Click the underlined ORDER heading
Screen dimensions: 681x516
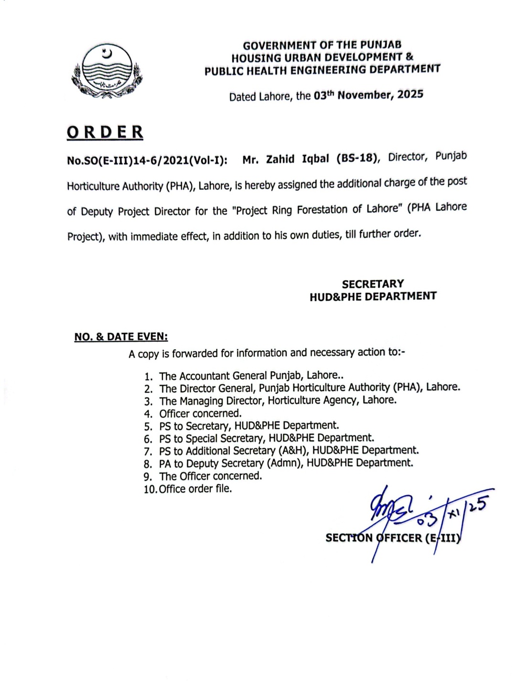[105, 132]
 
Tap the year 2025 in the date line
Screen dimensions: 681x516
[410, 94]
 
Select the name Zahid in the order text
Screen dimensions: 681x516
[280, 159]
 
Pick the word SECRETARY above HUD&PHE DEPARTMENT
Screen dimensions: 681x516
[373, 284]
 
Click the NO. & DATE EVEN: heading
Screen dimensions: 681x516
[121, 337]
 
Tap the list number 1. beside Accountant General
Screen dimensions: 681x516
[149, 377]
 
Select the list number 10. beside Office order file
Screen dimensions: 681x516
[150, 489]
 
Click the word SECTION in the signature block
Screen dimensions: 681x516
[349, 538]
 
